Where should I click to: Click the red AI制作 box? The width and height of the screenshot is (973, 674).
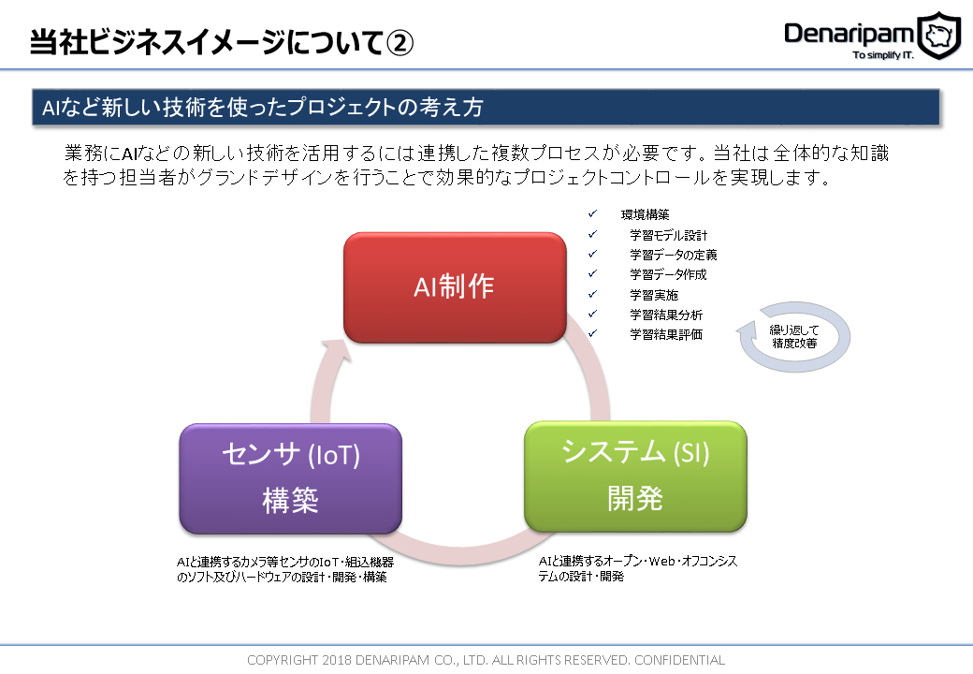click(x=455, y=287)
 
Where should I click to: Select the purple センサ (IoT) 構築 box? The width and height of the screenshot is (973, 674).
click(x=290, y=477)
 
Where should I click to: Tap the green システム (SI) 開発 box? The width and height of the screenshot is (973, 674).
click(x=635, y=476)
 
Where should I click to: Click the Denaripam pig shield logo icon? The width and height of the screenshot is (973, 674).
click(x=938, y=36)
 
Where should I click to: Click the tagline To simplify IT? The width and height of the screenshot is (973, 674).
click(x=882, y=55)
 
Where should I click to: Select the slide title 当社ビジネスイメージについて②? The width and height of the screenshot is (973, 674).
click(x=221, y=42)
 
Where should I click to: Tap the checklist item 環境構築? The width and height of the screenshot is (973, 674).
click(x=645, y=214)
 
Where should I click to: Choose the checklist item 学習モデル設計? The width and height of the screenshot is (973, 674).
click(x=668, y=235)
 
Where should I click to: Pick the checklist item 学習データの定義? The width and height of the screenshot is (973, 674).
click(x=673, y=255)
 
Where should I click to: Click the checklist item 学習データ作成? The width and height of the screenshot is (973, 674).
click(x=668, y=274)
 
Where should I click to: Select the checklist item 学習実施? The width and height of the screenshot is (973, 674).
click(x=654, y=295)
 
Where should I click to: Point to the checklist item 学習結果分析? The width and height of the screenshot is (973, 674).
click(x=665, y=315)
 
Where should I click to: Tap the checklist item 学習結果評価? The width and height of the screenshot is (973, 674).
click(x=665, y=334)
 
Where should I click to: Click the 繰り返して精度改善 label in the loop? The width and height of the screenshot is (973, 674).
click(x=794, y=336)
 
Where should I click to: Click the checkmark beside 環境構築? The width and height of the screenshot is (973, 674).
click(x=591, y=214)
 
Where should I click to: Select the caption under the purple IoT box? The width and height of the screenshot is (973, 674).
click(x=284, y=569)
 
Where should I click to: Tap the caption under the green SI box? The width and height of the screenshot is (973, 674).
click(x=637, y=568)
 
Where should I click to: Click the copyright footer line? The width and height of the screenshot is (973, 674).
click(x=486, y=660)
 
